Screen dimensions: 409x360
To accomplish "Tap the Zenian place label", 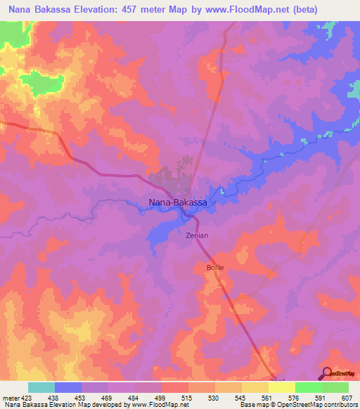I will (x=197, y=236).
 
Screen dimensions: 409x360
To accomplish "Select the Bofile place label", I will (x=214, y=268).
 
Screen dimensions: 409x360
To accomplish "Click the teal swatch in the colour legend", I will (x=41, y=387).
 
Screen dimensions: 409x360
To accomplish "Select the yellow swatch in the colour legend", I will (x=281, y=387).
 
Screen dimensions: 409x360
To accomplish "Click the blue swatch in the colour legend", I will (x=68, y=387).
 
